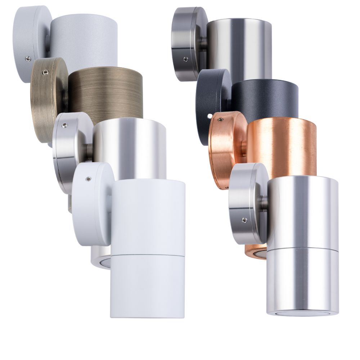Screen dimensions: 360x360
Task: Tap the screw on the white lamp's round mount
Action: tap(87, 178)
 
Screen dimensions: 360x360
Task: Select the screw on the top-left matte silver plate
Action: tap(28, 58)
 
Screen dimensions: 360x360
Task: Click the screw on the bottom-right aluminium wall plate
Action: tap(244, 220)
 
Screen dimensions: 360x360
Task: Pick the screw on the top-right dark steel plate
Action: tap(185, 59)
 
